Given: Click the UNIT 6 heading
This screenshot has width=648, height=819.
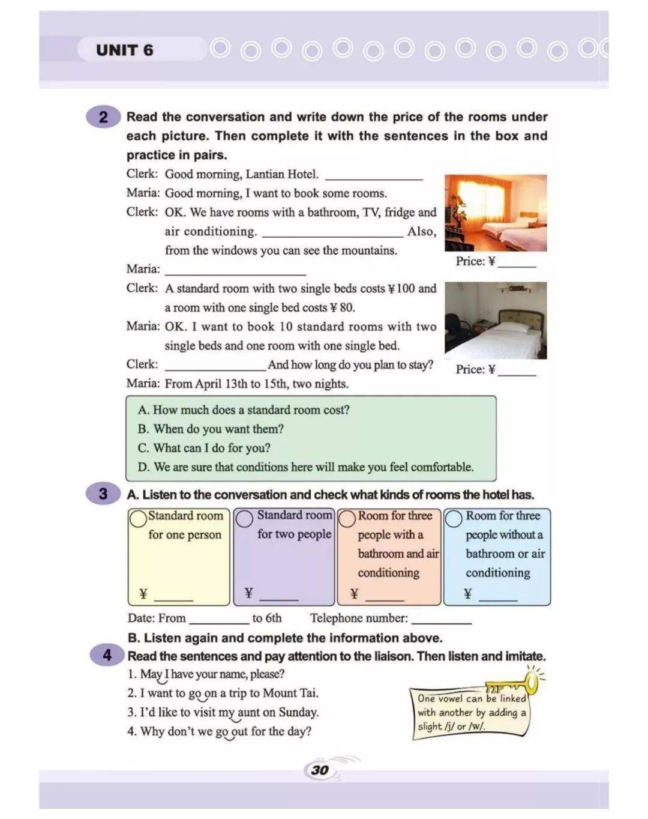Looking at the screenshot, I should point(124,50).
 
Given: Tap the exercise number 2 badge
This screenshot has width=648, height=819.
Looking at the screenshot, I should point(103,116).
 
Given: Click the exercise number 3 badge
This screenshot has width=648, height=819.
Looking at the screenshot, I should point(103,494).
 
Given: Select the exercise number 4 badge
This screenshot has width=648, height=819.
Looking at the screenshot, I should point(107,654).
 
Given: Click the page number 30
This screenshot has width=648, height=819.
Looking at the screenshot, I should point(320,770).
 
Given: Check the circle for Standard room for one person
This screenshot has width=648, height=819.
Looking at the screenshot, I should point(139,518).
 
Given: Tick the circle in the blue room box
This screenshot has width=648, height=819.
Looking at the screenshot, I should point(454,518).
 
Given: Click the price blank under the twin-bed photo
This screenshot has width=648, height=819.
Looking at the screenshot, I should point(517,265).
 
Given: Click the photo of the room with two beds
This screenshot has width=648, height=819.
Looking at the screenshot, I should point(496,213).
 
